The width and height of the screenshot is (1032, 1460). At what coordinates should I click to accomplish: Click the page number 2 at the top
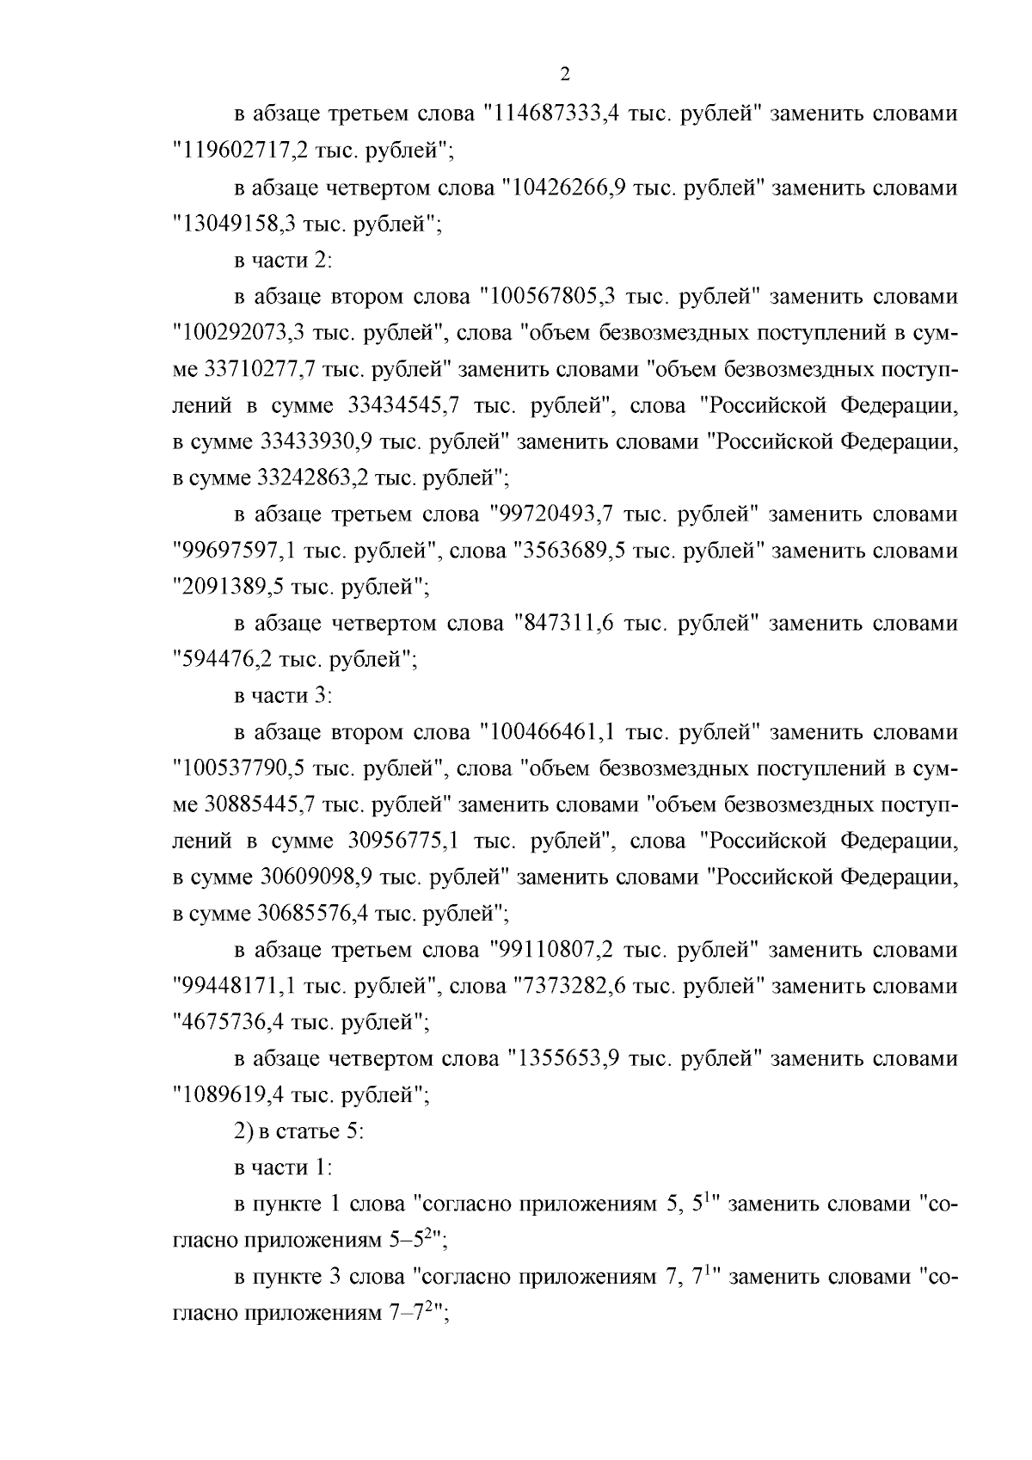pyautogui.click(x=564, y=74)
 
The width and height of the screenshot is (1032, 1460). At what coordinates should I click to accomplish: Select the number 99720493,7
pyautogui.click(x=556, y=514)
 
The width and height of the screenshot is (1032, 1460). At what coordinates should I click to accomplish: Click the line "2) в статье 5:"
pyautogui.click(x=299, y=1132)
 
